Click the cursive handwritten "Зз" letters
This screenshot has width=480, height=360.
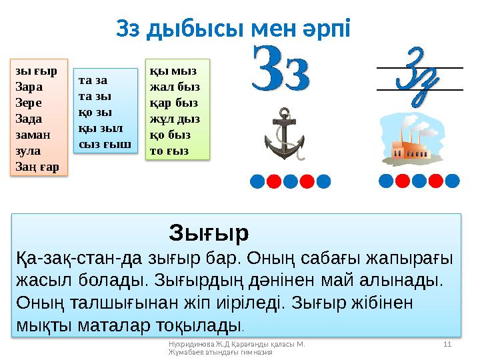pos(419,78)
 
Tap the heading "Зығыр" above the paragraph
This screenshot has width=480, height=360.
pos(209,233)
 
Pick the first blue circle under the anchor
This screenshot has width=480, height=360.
pos(258,181)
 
